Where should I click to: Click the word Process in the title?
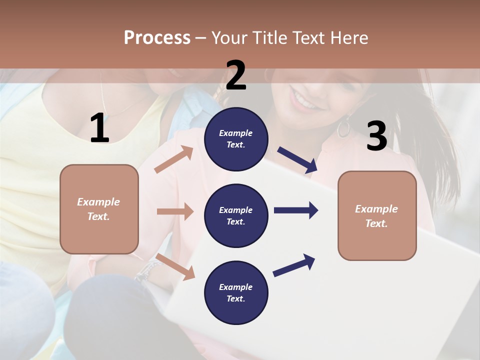tap(157, 37)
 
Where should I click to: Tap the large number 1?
tap(99, 128)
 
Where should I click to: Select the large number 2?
tap(236, 76)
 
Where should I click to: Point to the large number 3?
tap(376, 136)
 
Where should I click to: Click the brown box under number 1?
tap(99, 209)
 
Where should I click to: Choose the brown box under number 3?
tap(377, 215)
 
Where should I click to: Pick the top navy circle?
tap(236, 139)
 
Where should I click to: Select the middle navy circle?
tap(236, 215)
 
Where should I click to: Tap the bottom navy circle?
tap(236, 292)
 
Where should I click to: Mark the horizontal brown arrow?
tap(175, 211)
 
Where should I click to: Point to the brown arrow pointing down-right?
tap(175, 266)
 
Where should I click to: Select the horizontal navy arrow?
tap(296, 210)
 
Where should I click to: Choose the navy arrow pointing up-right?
tap(294, 265)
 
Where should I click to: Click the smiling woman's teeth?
tap(304, 104)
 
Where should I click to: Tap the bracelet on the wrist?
tap(145, 272)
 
